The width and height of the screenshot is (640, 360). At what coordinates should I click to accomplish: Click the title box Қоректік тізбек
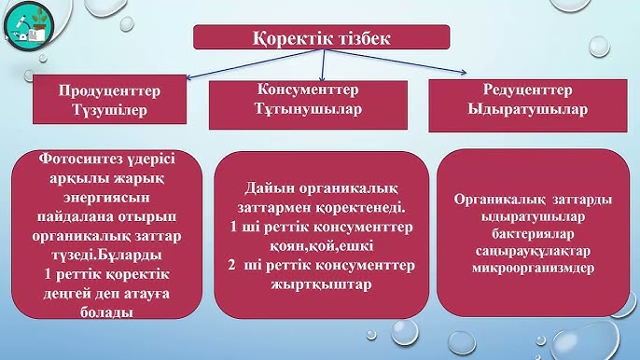pos(322,38)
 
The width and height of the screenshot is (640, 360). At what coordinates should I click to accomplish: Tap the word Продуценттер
pos(110,90)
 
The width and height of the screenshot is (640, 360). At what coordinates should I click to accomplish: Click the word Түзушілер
pos(110,110)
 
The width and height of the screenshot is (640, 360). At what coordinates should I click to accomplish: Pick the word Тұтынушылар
pos(309,109)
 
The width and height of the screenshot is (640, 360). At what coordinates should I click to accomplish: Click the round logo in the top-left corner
pos(28,29)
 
